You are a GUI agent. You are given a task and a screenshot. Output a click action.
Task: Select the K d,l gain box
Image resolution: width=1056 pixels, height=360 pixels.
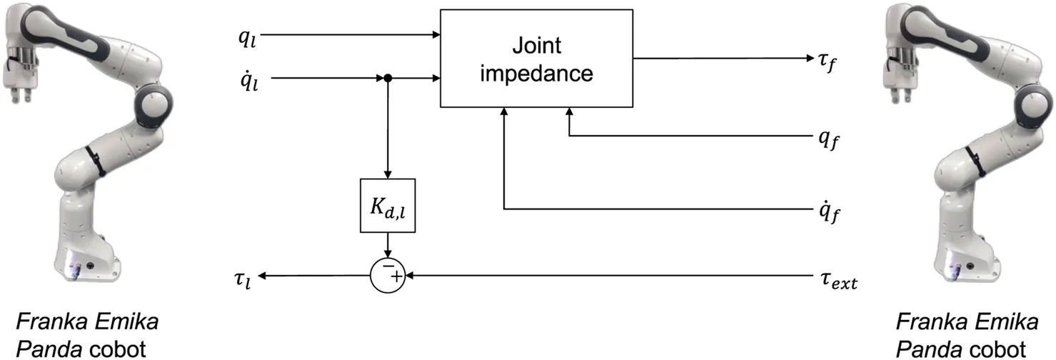coord(387,205)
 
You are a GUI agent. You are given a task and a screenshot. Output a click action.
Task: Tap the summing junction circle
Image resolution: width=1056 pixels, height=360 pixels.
coord(387,274)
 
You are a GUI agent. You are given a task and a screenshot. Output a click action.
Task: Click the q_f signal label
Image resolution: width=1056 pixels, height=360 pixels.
coord(829,138)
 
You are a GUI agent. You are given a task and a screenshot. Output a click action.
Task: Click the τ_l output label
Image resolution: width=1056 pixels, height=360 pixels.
coord(245,276)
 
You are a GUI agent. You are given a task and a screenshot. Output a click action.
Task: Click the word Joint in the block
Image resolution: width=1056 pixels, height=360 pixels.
coord(536,47)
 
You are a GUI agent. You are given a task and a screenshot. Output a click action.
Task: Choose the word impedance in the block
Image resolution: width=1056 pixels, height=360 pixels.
coord(536,73)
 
